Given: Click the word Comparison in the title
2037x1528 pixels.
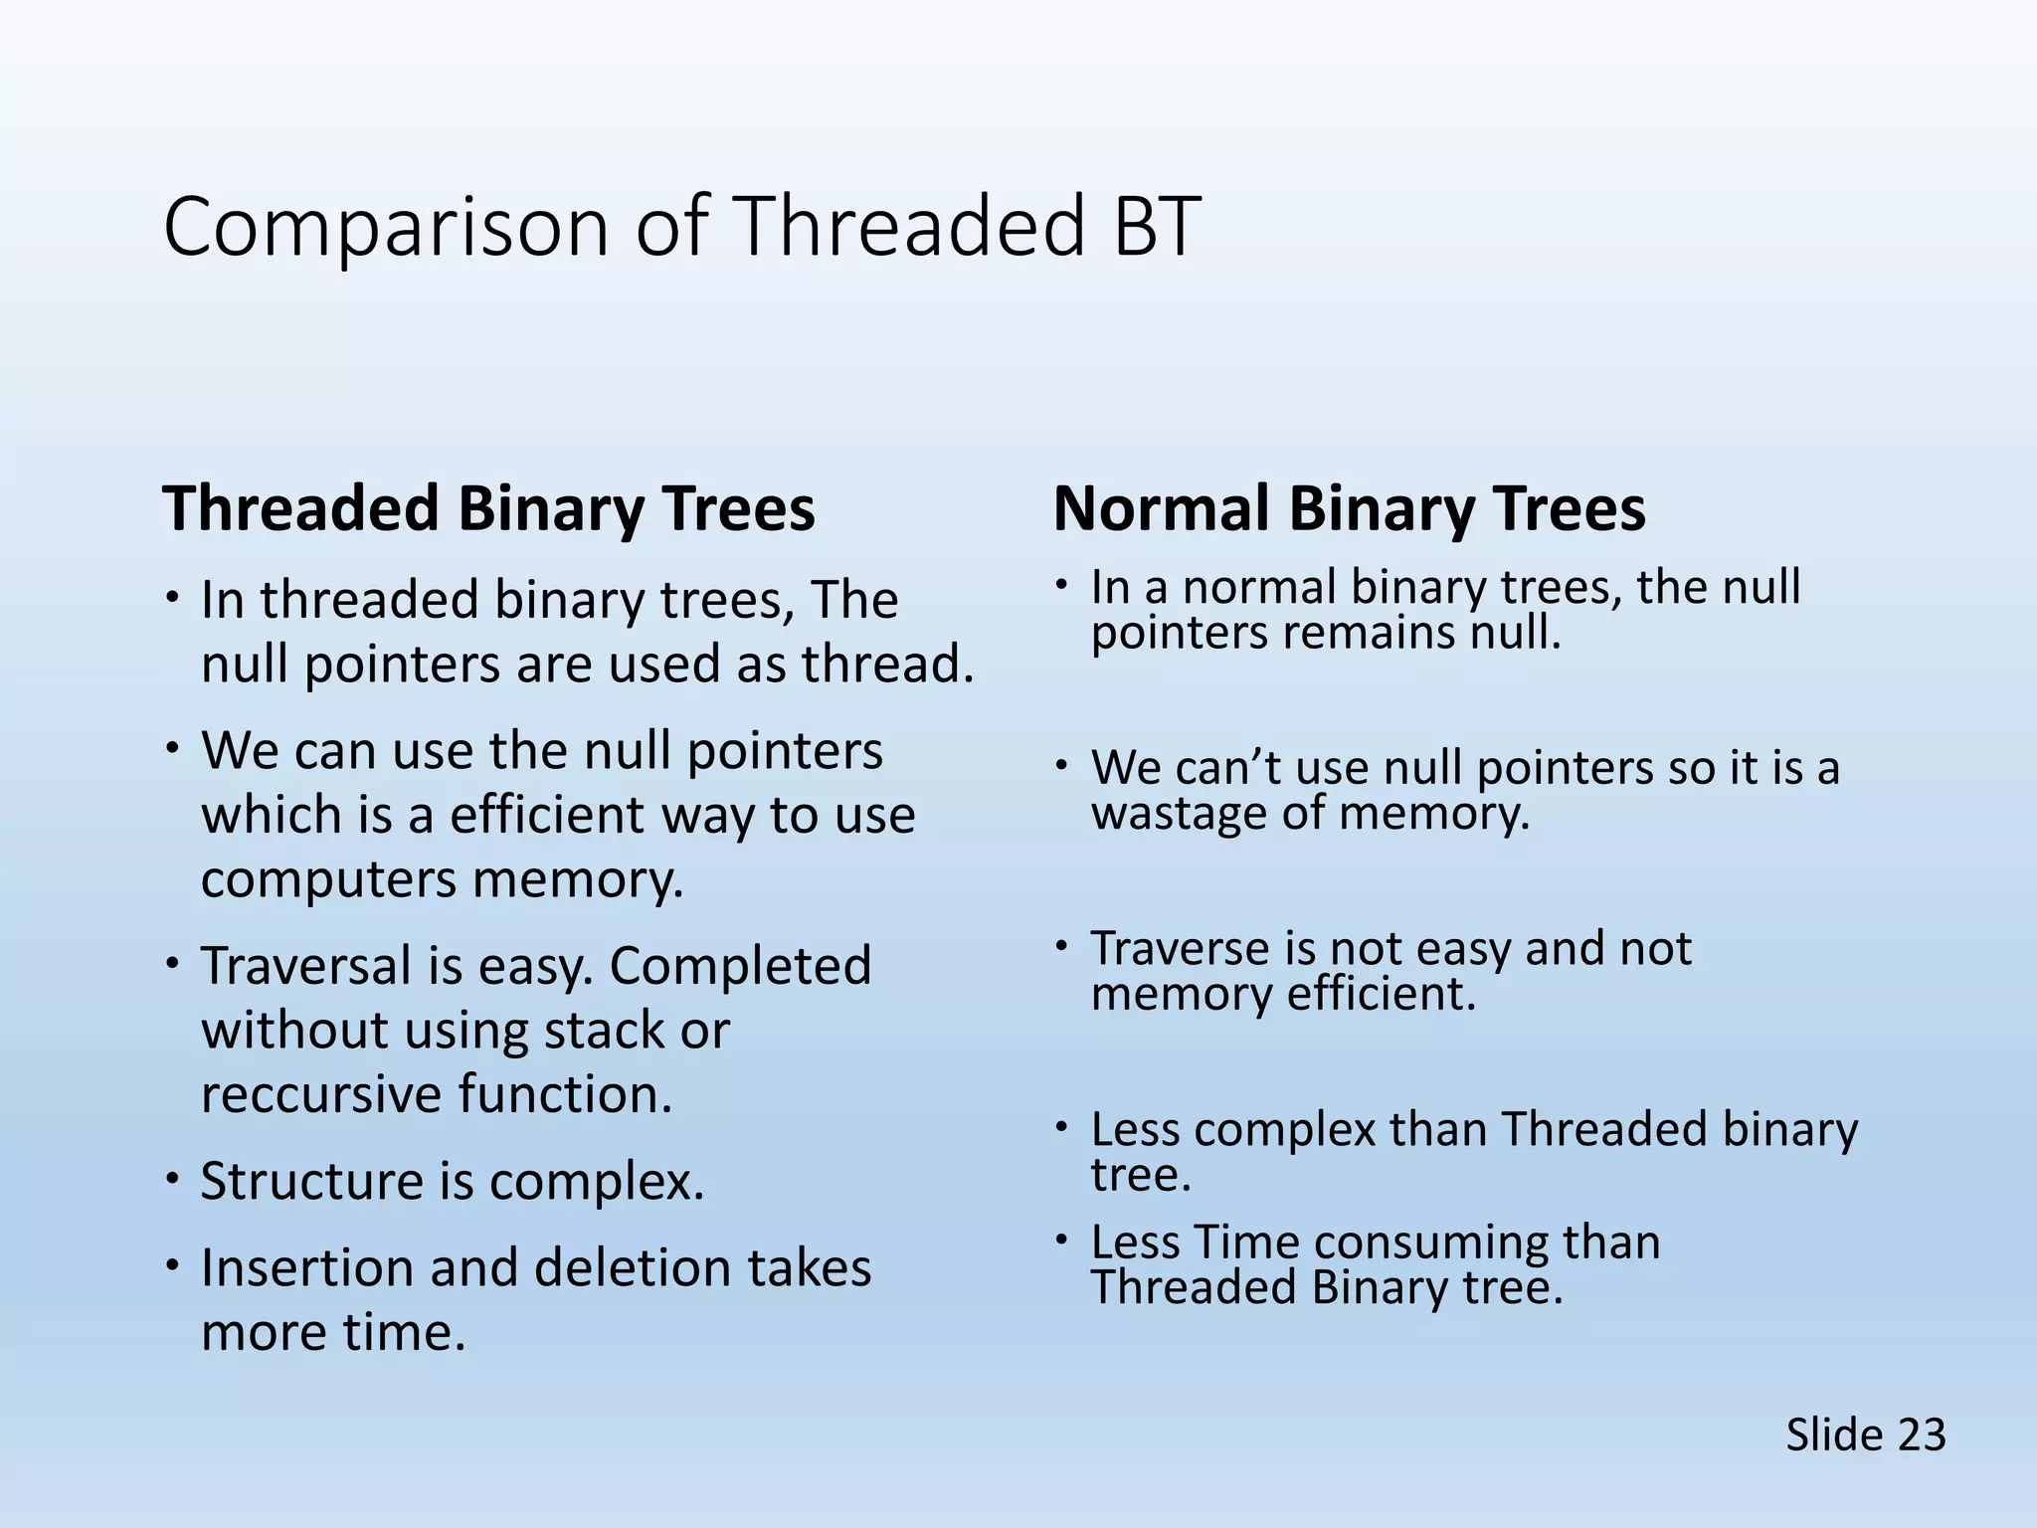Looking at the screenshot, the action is pyautogui.click(x=386, y=229).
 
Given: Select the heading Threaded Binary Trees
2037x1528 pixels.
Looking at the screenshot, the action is pyautogui.click(x=488, y=508).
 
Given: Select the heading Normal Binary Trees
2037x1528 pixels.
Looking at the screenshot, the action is pyautogui.click(x=1350, y=508).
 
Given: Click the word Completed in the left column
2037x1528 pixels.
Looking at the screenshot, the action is pyautogui.click(x=741, y=966).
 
